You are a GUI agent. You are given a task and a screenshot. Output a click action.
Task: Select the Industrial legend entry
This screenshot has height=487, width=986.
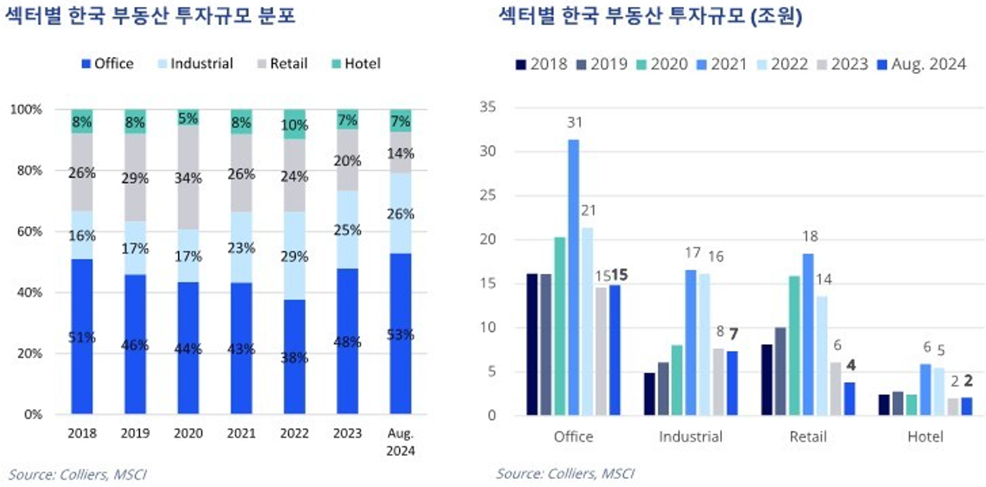pos(194,63)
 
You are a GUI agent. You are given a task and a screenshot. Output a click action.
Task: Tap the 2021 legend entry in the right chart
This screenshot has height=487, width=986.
pos(722,64)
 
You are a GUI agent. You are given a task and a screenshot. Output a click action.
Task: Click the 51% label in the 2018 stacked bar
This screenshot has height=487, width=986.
pos(82,337)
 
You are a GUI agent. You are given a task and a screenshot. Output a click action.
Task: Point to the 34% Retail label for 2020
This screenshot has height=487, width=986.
pos(189,178)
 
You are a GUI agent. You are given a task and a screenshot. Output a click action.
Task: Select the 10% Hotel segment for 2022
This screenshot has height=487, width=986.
pos(294,124)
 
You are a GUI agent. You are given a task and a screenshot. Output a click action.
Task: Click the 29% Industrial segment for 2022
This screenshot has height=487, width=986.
pos(294,256)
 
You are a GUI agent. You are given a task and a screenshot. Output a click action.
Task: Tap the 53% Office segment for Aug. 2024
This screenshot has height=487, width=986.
pos(401,335)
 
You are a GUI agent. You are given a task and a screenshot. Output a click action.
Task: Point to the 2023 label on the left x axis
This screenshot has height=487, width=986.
pos(347,433)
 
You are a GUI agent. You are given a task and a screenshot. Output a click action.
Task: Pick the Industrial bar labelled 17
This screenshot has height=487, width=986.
pos(690,342)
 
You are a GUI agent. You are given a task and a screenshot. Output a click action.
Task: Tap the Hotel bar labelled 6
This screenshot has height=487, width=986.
pos(925,390)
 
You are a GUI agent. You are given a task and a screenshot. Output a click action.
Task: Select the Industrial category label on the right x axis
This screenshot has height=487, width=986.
pos(690,437)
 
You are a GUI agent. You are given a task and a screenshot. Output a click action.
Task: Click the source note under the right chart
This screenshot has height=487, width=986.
pos(565,474)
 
